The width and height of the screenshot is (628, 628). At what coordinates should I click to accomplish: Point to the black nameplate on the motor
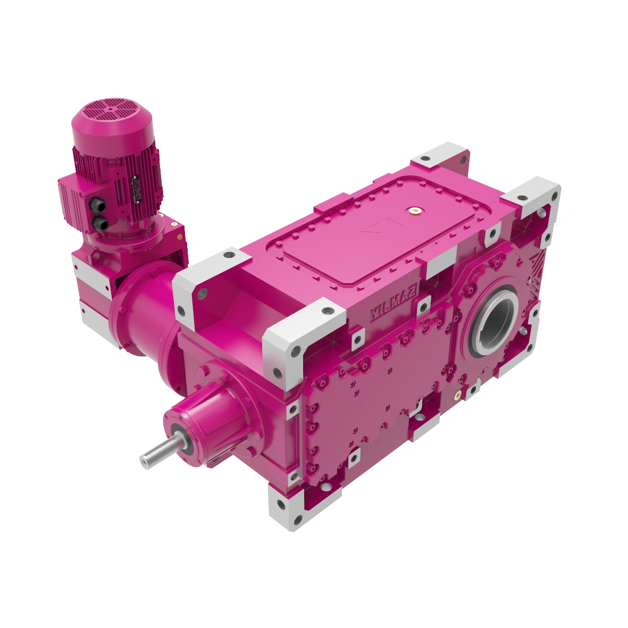133,190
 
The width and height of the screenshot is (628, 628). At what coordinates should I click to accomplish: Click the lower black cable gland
99,223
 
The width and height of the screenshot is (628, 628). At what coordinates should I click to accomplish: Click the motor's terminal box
80,202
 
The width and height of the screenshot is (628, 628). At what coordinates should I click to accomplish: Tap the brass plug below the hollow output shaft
457,395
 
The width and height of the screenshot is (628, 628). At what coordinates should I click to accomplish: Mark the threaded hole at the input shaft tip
144,460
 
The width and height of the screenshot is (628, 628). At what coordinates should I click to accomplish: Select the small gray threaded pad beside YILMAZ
424,305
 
